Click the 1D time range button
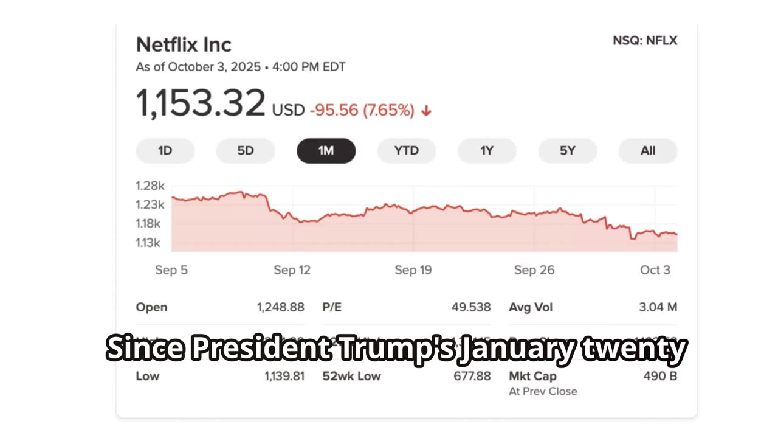[x=165, y=151]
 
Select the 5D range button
[x=246, y=151]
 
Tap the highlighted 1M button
[x=326, y=151]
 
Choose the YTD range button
[x=407, y=151]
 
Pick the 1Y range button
[x=487, y=151]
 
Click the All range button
[x=648, y=151]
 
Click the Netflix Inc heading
[x=184, y=44]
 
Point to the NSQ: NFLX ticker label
[x=645, y=41]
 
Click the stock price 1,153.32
[x=201, y=103]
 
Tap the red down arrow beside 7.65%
[x=426, y=111]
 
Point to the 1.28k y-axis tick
[x=150, y=186]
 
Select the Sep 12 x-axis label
[x=292, y=270]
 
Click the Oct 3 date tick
[x=655, y=270]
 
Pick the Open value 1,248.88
[x=280, y=307]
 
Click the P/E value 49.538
[x=471, y=307]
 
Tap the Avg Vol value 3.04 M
[x=658, y=307]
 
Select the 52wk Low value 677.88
[x=472, y=376]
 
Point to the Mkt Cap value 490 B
[x=660, y=376]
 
